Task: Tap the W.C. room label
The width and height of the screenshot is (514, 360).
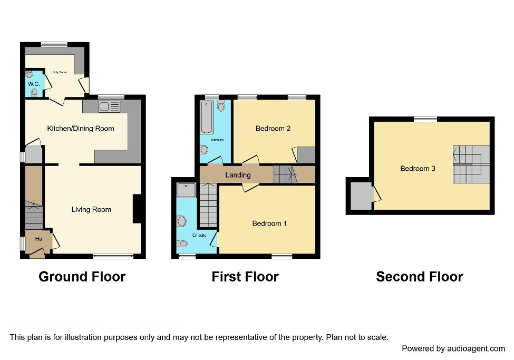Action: coord(33,84)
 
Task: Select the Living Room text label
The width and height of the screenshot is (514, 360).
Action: coord(91,209)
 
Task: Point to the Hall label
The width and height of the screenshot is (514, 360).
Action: coord(40,239)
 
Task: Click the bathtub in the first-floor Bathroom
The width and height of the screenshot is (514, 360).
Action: coord(206,118)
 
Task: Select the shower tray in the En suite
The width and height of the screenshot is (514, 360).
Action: coord(186,190)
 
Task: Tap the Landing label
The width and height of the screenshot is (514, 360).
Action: coord(238,174)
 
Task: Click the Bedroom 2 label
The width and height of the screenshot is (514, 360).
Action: coord(273,128)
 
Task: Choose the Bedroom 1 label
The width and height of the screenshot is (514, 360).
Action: coord(269,223)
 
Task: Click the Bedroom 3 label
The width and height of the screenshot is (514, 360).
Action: coord(418,168)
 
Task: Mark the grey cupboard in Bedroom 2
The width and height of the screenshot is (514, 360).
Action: coord(306,155)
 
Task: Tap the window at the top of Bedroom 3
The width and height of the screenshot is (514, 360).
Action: coord(425,119)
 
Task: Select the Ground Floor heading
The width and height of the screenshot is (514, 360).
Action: coord(82,277)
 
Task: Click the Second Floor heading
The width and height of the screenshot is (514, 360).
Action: coord(419,277)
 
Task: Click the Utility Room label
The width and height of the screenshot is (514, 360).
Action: coord(59,72)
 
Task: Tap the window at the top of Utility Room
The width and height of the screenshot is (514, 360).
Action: coord(54,44)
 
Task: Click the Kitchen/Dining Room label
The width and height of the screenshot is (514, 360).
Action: coord(81,128)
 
